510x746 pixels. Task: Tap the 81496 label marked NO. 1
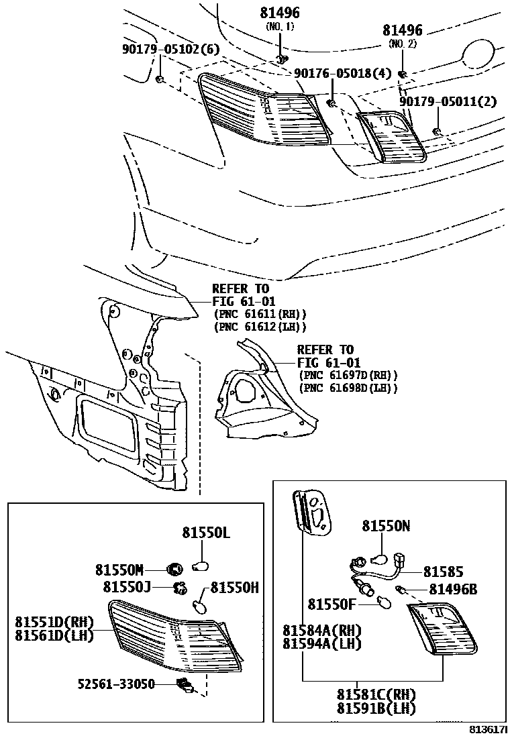coord(280,13)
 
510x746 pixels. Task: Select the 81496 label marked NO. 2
coord(403,31)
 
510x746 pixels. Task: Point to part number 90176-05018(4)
coord(342,74)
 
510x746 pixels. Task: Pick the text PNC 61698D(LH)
coord(348,388)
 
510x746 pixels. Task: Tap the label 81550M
coord(119,570)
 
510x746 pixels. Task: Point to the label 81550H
coord(234,588)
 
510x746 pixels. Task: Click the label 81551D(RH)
coord(54,622)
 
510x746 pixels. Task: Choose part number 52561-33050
coord(116,684)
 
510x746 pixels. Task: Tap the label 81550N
coord(386,527)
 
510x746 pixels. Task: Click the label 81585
coord(443,572)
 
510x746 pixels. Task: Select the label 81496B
coord(453,589)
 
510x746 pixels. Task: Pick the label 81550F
coord(331,604)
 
